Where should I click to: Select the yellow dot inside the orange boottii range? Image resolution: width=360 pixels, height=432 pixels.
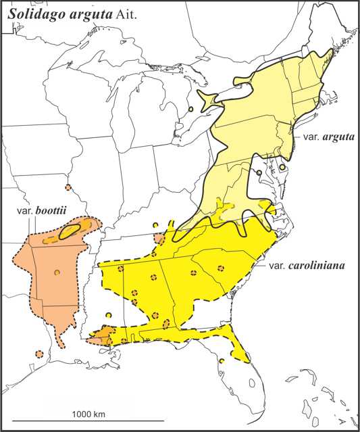pos(57,272)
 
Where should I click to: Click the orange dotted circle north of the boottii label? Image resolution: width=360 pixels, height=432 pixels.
pos(68,187)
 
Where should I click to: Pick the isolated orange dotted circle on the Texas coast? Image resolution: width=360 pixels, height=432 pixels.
pos(39,354)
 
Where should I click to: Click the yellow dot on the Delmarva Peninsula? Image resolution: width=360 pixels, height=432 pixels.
pos(282,167)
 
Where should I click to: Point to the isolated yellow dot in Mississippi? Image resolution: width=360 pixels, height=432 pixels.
pos(109,314)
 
